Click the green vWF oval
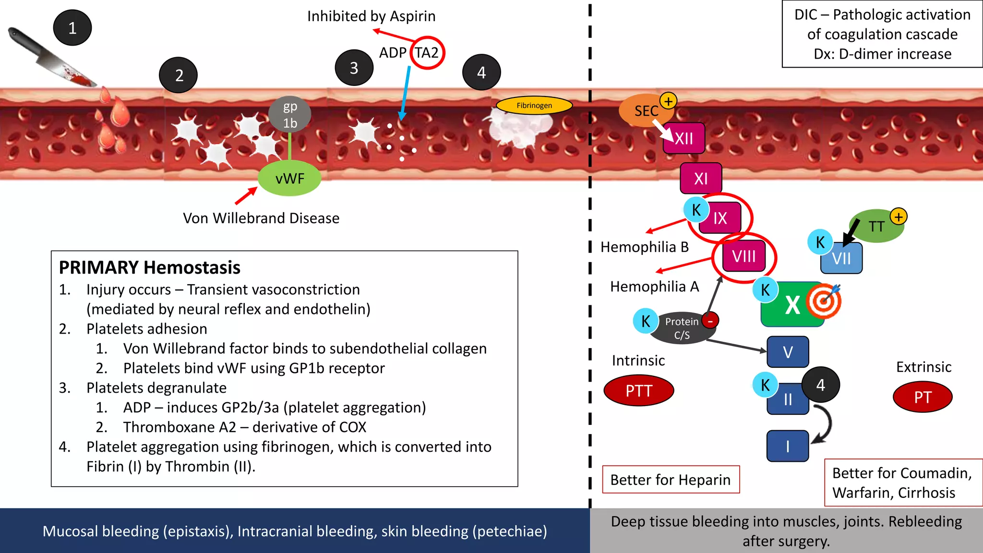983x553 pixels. pos(289,179)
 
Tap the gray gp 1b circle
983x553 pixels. pos(290,114)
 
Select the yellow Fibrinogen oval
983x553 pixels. pos(534,105)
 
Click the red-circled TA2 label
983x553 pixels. pos(427,53)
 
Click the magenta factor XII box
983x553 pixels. pos(684,139)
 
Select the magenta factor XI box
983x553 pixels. pos(701,179)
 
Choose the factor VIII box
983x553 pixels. pos(744,256)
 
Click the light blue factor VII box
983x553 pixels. pos(842,259)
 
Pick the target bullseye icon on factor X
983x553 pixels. pos(824,301)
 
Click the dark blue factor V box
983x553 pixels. pos(788,352)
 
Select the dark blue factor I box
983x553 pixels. pos(788,446)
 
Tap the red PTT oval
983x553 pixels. pos(639,391)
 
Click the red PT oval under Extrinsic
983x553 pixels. pos(922,397)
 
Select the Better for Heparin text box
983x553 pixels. pos(671,479)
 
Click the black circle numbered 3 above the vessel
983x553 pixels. pos(354,68)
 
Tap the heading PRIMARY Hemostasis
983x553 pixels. pos(149,267)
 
